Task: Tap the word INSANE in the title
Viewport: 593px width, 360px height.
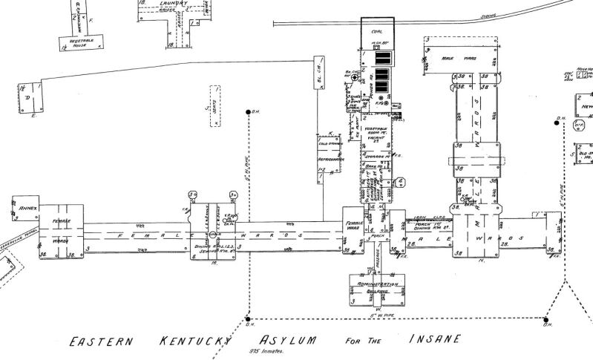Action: (433, 338)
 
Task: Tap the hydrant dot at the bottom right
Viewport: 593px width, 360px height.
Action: (546, 320)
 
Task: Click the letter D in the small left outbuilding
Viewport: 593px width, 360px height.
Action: (28, 96)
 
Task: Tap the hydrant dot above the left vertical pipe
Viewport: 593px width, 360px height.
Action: (249, 112)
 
